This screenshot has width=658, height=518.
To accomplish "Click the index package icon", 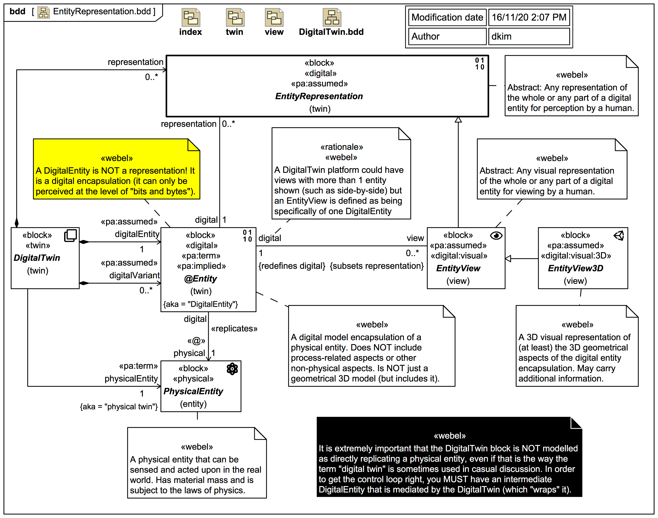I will tap(191, 18).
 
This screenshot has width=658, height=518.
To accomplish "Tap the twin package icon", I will tap(235, 18).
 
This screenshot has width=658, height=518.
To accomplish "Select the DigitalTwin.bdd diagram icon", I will tap(332, 18).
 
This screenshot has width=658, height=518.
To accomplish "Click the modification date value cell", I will tap(529, 17).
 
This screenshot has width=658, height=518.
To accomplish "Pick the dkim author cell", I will tap(529, 36).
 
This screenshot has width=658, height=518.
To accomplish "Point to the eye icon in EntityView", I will tap(496, 236).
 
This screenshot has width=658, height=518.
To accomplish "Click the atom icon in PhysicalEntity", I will tap(232, 369).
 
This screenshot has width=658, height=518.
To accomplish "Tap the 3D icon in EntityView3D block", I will tap(619, 236).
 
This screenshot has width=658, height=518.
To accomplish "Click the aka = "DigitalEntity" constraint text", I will tap(201, 304).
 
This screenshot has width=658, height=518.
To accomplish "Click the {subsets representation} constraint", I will tap(377, 266).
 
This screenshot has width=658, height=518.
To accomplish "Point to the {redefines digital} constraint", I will tap(292, 266).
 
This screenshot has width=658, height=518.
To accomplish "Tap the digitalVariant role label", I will tap(134, 275).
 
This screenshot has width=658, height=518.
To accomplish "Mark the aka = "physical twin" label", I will tap(119, 406).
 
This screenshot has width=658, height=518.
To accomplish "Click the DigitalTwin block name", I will tap(37, 258).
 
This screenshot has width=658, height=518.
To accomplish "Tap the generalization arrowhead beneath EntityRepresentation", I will tap(458, 120).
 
